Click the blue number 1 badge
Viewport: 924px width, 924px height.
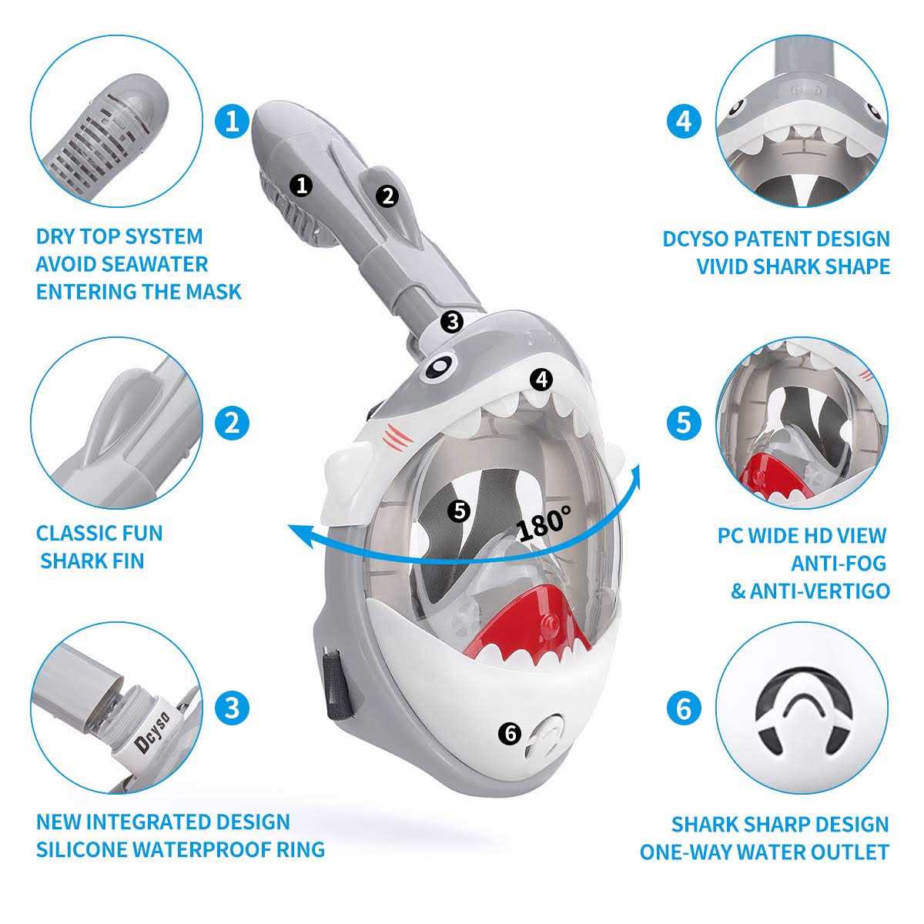click(232, 121)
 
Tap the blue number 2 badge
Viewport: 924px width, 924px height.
click(232, 423)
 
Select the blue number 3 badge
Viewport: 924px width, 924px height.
click(232, 708)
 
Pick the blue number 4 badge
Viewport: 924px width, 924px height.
click(685, 121)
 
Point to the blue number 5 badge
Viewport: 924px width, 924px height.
click(685, 423)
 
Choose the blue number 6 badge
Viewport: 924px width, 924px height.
click(685, 708)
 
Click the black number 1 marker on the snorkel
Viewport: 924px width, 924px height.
click(302, 185)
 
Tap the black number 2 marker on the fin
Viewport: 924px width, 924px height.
click(387, 196)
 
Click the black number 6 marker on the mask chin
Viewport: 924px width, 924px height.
click(511, 733)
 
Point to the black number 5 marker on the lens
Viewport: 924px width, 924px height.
click(460, 511)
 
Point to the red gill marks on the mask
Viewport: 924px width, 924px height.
click(397, 437)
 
